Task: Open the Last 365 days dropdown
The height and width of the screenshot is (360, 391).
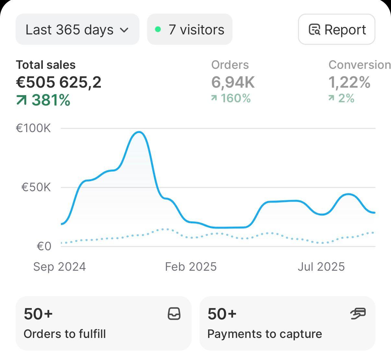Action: pos(77,30)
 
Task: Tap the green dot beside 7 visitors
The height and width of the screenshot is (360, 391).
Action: pos(158,30)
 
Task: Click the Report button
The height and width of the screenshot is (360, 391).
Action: pos(337,30)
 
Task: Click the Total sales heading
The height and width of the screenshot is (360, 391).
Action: pos(46,65)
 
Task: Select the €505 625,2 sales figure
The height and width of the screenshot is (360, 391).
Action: pos(59,82)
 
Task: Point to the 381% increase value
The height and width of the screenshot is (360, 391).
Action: pos(51,100)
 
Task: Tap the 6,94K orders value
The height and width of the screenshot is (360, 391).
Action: pos(233,82)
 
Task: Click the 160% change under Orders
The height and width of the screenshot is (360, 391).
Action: pos(235,98)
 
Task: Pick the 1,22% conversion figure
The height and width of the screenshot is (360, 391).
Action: pos(349,82)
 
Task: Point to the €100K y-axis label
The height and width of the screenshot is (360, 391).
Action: pos(33,128)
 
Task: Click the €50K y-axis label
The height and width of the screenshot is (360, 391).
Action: pos(36,187)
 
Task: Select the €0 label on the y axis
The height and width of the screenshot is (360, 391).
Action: pos(44,246)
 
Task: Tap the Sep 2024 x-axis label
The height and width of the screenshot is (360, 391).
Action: pos(59,267)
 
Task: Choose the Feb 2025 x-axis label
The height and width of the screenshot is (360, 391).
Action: pos(191,267)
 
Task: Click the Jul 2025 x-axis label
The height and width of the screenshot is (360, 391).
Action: pos(321,267)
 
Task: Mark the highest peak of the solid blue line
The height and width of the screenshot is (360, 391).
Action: pos(139,132)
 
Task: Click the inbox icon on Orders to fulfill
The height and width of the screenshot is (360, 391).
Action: pos(174,314)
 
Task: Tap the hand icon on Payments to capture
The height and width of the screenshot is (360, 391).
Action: pos(358,314)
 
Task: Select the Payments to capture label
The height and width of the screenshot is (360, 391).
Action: pos(265,334)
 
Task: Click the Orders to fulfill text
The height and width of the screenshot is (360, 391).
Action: pos(65,334)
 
